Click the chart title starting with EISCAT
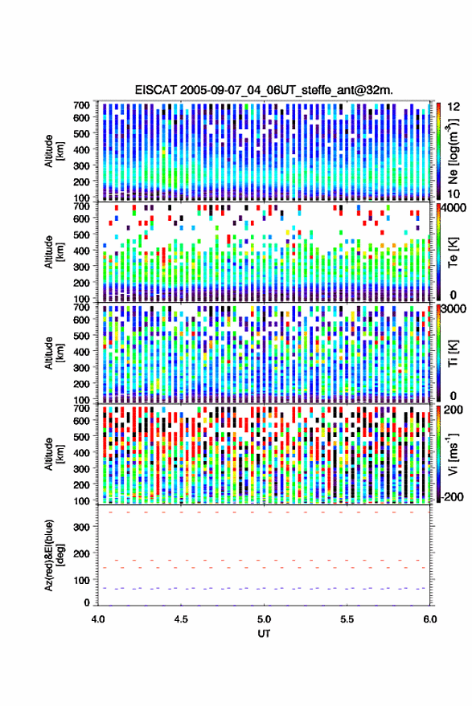coord(264,90)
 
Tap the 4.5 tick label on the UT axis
coord(181,619)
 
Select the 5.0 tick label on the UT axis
coord(264,619)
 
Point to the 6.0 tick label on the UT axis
coord(429,619)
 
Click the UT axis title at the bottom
coord(264,634)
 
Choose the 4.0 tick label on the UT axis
coord(98,619)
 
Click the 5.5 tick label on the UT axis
coord(347,619)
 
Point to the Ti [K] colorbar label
coord(453,353)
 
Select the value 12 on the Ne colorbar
coord(454,107)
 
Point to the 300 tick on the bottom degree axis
coord(81,527)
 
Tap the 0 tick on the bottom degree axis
coord(87,602)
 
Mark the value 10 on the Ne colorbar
coord(454,194)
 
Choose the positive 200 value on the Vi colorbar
coord(453,410)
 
